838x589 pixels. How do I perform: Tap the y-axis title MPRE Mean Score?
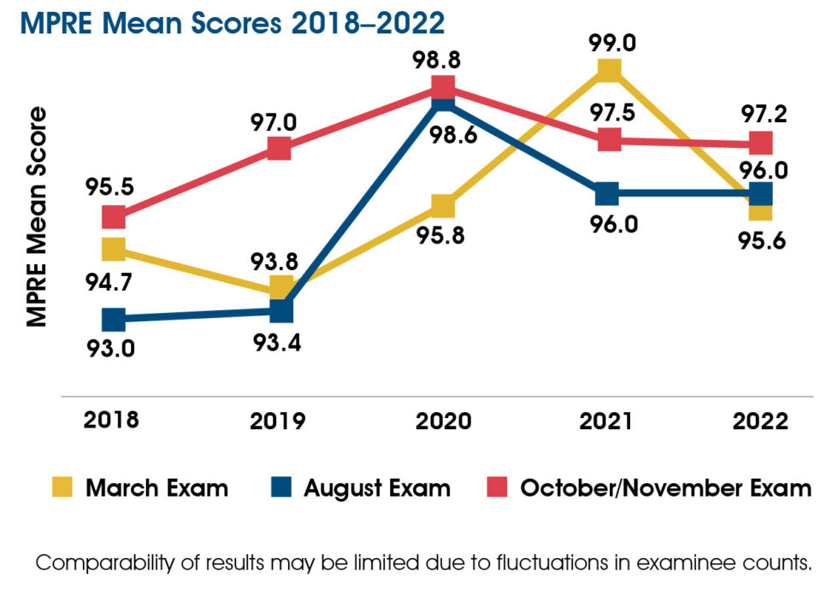(x=36, y=217)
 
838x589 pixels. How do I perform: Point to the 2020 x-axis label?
(x=442, y=421)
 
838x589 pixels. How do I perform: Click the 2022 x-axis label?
(x=760, y=421)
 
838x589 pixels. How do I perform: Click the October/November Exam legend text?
(x=665, y=488)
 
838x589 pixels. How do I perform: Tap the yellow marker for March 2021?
(x=608, y=70)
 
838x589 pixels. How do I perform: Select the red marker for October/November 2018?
(x=114, y=217)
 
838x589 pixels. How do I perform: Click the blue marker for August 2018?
(x=114, y=320)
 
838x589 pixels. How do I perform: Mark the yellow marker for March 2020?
(x=442, y=205)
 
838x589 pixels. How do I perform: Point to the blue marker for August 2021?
(x=606, y=193)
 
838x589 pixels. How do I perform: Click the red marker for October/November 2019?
(x=280, y=149)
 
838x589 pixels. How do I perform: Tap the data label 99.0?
(x=609, y=39)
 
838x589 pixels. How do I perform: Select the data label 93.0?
(x=114, y=349)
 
